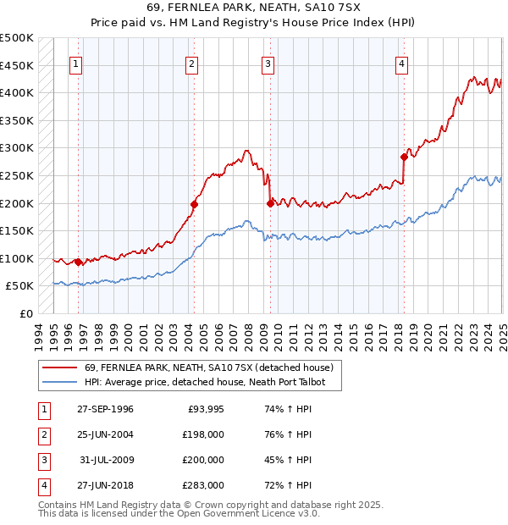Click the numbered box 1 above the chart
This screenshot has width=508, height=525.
click(76, 64)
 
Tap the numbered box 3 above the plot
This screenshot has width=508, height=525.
click(268, 64)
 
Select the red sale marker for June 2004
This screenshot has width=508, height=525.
click(194, 203)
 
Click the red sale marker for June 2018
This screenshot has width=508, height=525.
click(404, 156)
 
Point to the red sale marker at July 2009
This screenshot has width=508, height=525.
click(270, 202)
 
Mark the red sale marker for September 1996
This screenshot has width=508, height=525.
click(79, 262)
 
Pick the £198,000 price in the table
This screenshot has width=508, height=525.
click(202, 434)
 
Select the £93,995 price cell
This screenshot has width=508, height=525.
click(204, 409)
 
